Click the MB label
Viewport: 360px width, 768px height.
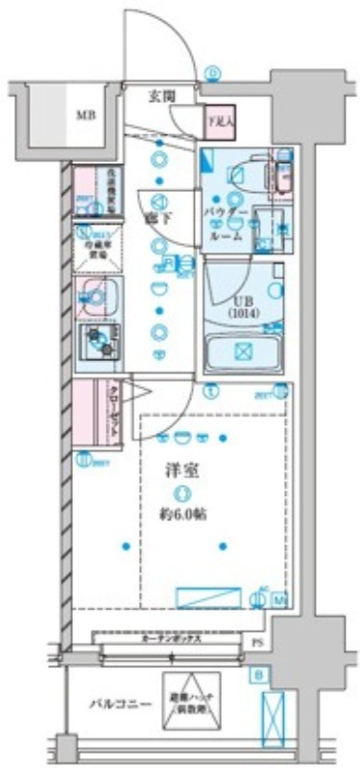[86, 118]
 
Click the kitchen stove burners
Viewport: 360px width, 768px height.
[96, 337]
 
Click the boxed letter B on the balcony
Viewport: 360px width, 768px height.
[256, 674]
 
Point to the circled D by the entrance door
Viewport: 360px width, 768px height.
[213, 71]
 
